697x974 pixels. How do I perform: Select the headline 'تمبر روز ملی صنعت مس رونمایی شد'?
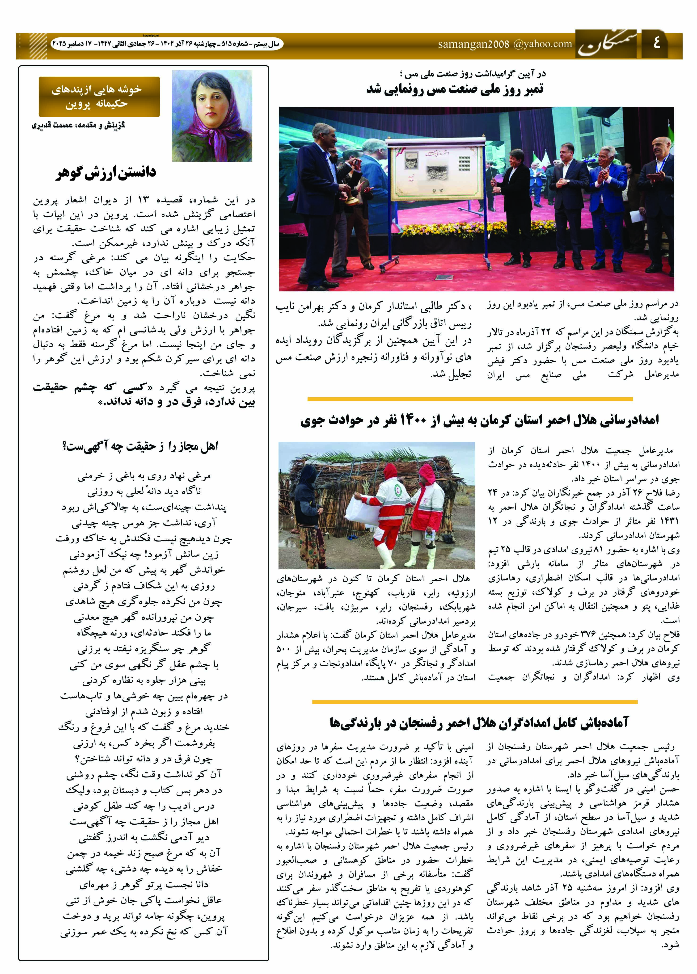click(455, 89)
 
